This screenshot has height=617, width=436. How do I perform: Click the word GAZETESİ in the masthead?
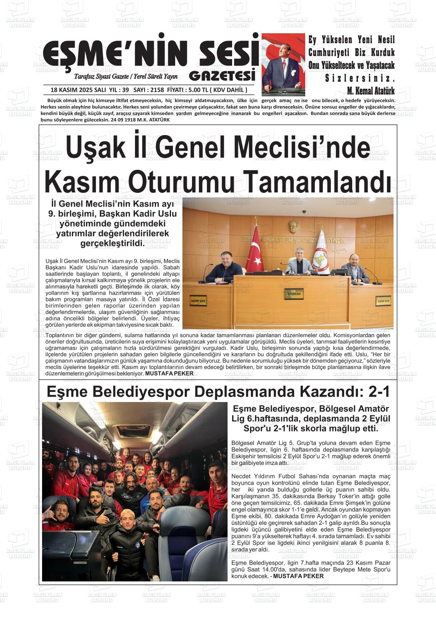[x=222, y=76]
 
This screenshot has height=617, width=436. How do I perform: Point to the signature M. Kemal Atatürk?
[x=371, y=91]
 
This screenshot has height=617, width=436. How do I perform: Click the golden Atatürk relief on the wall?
[x=294, y=227]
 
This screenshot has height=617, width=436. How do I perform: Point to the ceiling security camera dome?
[x=304, y=212]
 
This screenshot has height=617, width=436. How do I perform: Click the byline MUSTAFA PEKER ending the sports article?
[x=299, y=576]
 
